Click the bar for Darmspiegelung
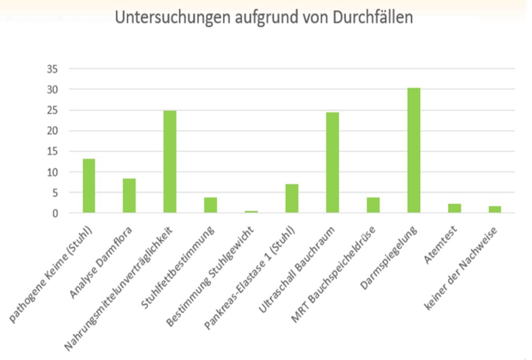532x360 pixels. pos(413,150)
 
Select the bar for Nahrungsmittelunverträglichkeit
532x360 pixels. pos(170,162)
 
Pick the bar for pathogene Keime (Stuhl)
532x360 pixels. pos(89,186)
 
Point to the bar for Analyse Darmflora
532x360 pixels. pos(129,196)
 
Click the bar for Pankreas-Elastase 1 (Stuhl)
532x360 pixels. pos(291,198)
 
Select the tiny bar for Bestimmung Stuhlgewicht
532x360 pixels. pos(251,212)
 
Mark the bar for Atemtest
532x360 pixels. pos(454,208)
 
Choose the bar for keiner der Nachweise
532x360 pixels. pos(494,210)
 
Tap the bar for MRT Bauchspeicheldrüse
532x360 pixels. pos(373,205)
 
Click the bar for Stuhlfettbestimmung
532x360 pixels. pos(210,205)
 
